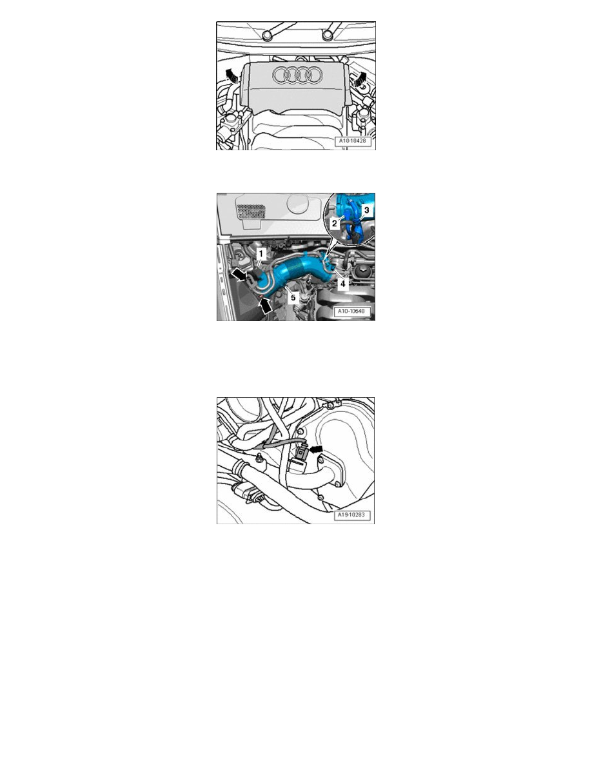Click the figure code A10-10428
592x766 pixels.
click(353, 141)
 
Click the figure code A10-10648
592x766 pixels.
click(351, 311)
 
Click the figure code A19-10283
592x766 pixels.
click(351, 515)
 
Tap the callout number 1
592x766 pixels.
click(261, 253)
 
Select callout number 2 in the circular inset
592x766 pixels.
click(335, 223)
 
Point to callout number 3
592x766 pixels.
click(366, 210)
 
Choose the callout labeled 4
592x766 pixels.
click(343, 283)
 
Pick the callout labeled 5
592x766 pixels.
click(293, 297)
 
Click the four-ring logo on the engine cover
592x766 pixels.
click(297, 75)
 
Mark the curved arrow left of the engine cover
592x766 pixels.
click(232, 76)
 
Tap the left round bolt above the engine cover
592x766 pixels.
click(267, 35)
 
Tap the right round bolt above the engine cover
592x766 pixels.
click(327, 35)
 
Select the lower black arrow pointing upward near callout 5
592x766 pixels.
click(265, 306)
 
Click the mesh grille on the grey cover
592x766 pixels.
click(252, 211)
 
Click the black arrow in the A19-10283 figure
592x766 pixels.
click(316, 449)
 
